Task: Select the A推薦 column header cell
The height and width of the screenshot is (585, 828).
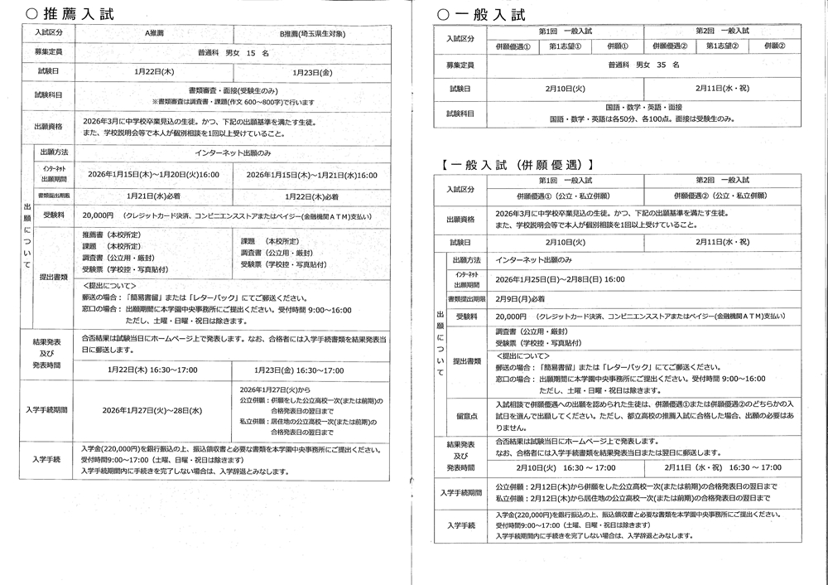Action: point(155,32)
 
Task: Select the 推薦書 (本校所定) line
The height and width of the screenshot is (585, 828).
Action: point(113,234)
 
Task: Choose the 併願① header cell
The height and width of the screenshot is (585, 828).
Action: point(618,46)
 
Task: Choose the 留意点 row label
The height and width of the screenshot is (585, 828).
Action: point(465,415)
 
